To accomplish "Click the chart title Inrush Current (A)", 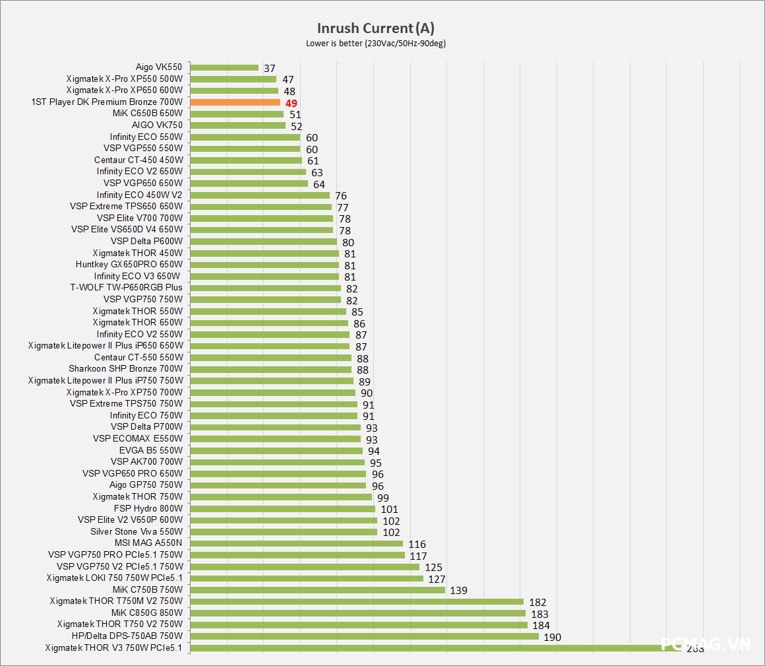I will (375, 28).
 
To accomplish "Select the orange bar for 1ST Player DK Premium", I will (235, 102).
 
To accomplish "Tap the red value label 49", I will (291, 103).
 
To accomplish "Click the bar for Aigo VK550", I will (224, 67).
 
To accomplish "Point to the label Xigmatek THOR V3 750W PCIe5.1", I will (113, 648).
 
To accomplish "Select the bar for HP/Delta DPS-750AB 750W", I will (364, 636).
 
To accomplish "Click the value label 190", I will (552, 637).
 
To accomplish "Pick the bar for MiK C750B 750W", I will (317, 589).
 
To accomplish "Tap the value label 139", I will (458, 590).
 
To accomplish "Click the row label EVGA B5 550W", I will (151, 450).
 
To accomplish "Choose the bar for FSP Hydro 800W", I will (282, 508).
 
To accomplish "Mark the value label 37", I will (268, 68).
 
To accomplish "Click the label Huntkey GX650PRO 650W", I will (129, 265).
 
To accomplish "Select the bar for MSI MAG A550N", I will (296, 543).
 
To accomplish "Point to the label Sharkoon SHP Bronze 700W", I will (125, 369).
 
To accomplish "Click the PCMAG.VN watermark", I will (706, 644).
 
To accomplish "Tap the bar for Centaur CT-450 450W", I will (246, 160).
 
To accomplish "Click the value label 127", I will (437, 579).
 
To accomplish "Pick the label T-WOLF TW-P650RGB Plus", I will (126, 288).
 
